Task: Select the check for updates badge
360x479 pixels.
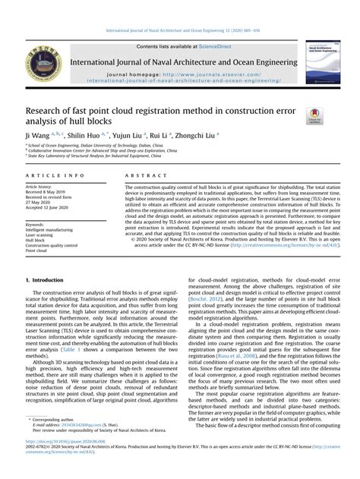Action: click(x=314, y=116)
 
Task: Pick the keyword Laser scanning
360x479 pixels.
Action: click(x=40, y=235)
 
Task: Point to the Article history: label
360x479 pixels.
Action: click(x=39, y=186)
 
